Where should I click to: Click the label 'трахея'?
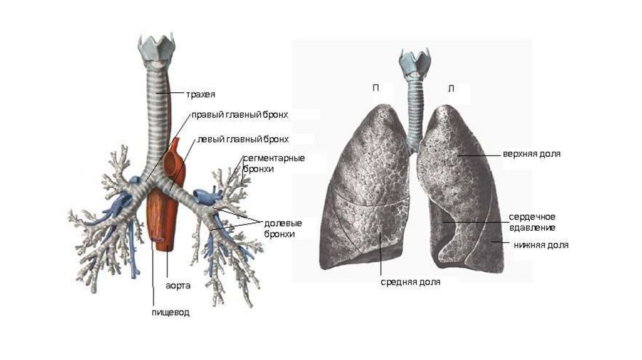200,95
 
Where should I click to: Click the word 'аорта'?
179,285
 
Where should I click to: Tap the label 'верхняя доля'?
530,154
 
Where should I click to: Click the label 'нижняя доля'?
540,245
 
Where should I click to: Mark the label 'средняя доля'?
410,282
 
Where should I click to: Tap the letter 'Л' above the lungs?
451,88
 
